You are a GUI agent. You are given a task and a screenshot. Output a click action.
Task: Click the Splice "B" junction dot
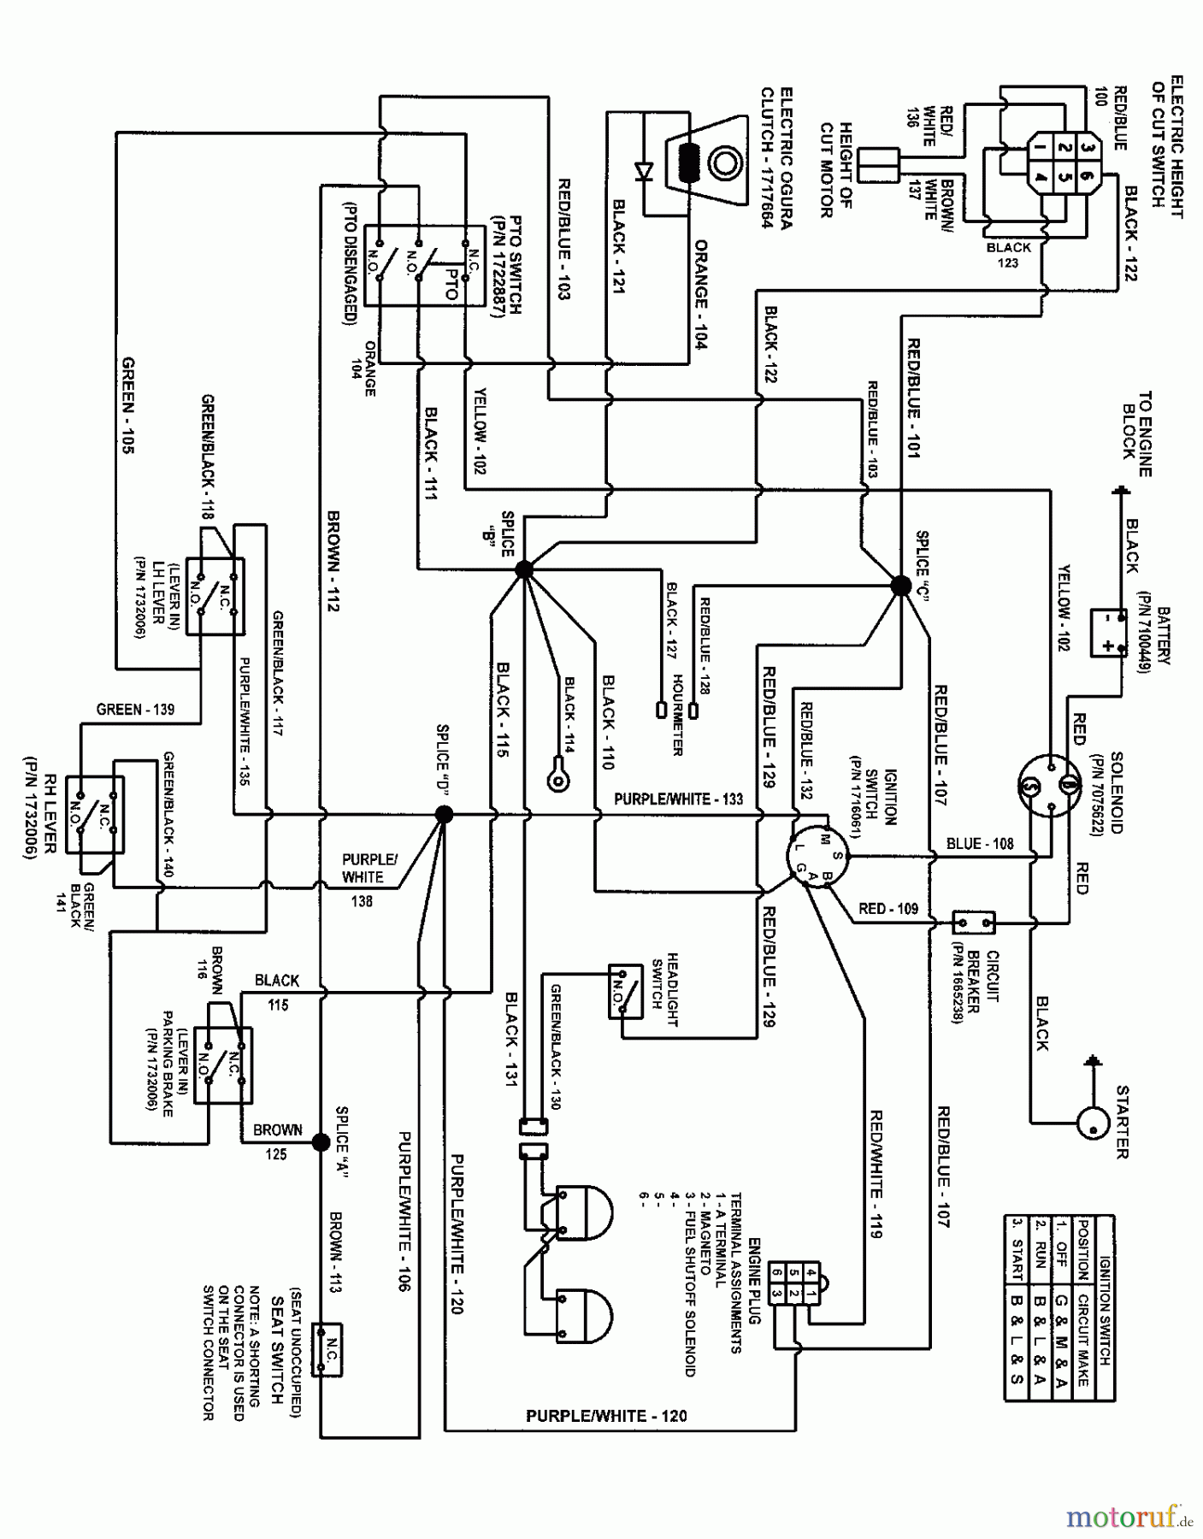click(523, 569)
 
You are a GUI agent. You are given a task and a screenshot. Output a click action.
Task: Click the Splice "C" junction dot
click(901, 586)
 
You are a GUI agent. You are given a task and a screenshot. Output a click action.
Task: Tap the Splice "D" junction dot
click(445, 815)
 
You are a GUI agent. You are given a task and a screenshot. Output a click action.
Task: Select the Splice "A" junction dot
click(321, 1142)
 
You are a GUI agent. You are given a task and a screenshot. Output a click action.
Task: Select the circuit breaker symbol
click(974, 923)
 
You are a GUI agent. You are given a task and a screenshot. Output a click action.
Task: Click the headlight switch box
click(626, 991)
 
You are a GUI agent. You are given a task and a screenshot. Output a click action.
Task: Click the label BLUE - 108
click(980, 844)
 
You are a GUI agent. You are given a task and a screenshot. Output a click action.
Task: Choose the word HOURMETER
click(676, 715)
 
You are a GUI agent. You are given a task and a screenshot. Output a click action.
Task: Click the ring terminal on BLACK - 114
click(557, 778)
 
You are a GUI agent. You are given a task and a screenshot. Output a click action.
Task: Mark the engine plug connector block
click(794, 1282)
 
